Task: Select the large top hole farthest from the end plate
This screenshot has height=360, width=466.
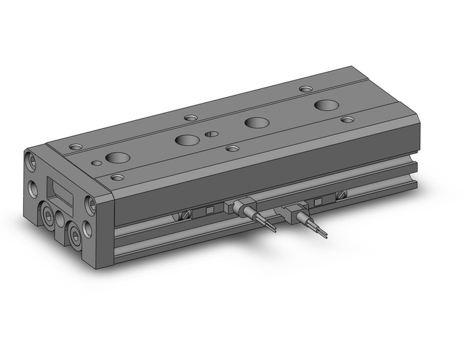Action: [325, 105]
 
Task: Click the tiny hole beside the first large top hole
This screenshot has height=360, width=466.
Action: [96, 163]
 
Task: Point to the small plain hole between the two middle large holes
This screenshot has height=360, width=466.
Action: [211, 134]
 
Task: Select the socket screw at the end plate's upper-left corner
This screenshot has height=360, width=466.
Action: [31, 161]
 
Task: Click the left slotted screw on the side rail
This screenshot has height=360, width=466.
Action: [186, 215]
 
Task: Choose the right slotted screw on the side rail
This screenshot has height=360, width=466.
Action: [341, 196]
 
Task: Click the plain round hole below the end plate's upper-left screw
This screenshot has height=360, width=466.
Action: [32, 186]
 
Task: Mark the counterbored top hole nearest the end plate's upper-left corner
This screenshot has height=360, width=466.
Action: [75, 147]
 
